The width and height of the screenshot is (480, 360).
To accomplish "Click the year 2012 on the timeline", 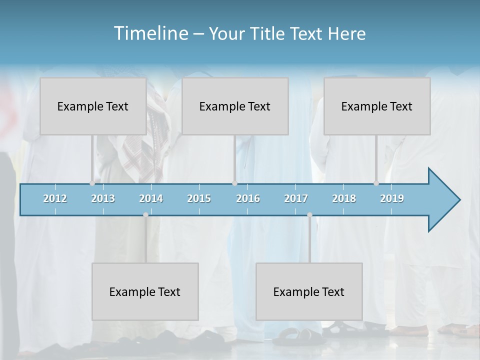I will click(x=55, y=198).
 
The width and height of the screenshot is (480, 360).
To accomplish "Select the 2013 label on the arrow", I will click(x=103, y=198).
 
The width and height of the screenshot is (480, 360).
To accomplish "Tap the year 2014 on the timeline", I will click(x=151, y=198).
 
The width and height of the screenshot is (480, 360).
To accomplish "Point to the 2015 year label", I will click(x=199, y=198).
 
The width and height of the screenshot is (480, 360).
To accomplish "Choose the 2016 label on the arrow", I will click(x=248, y=198).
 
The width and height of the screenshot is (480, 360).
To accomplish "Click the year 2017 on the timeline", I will click(x=296, y=198).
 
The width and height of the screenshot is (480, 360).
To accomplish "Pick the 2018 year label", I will click(x=344, y=198).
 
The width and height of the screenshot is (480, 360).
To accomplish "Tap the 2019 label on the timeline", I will click(x=392, y=198).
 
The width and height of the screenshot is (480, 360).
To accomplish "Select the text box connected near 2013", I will click(x=93, y=106).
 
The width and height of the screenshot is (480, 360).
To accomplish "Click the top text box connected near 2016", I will click(x=235, y=106).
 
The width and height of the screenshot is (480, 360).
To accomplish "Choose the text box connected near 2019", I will click(x=377, y=106).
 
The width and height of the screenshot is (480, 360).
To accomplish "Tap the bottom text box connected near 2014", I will click(x=145, y=291).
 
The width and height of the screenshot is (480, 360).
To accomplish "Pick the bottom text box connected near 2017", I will click(x=309, y=291).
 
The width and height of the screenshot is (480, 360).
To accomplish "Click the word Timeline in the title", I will click(x=150, y=33).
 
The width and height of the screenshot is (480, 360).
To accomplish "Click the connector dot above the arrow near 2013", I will click(x=92, y=183).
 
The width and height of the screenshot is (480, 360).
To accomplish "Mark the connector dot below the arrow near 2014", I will click(x=145, y=214).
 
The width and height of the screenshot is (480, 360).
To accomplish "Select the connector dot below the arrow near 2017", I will click(x=309, y=214).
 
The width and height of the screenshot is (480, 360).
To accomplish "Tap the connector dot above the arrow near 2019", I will click(x=376, y=183).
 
